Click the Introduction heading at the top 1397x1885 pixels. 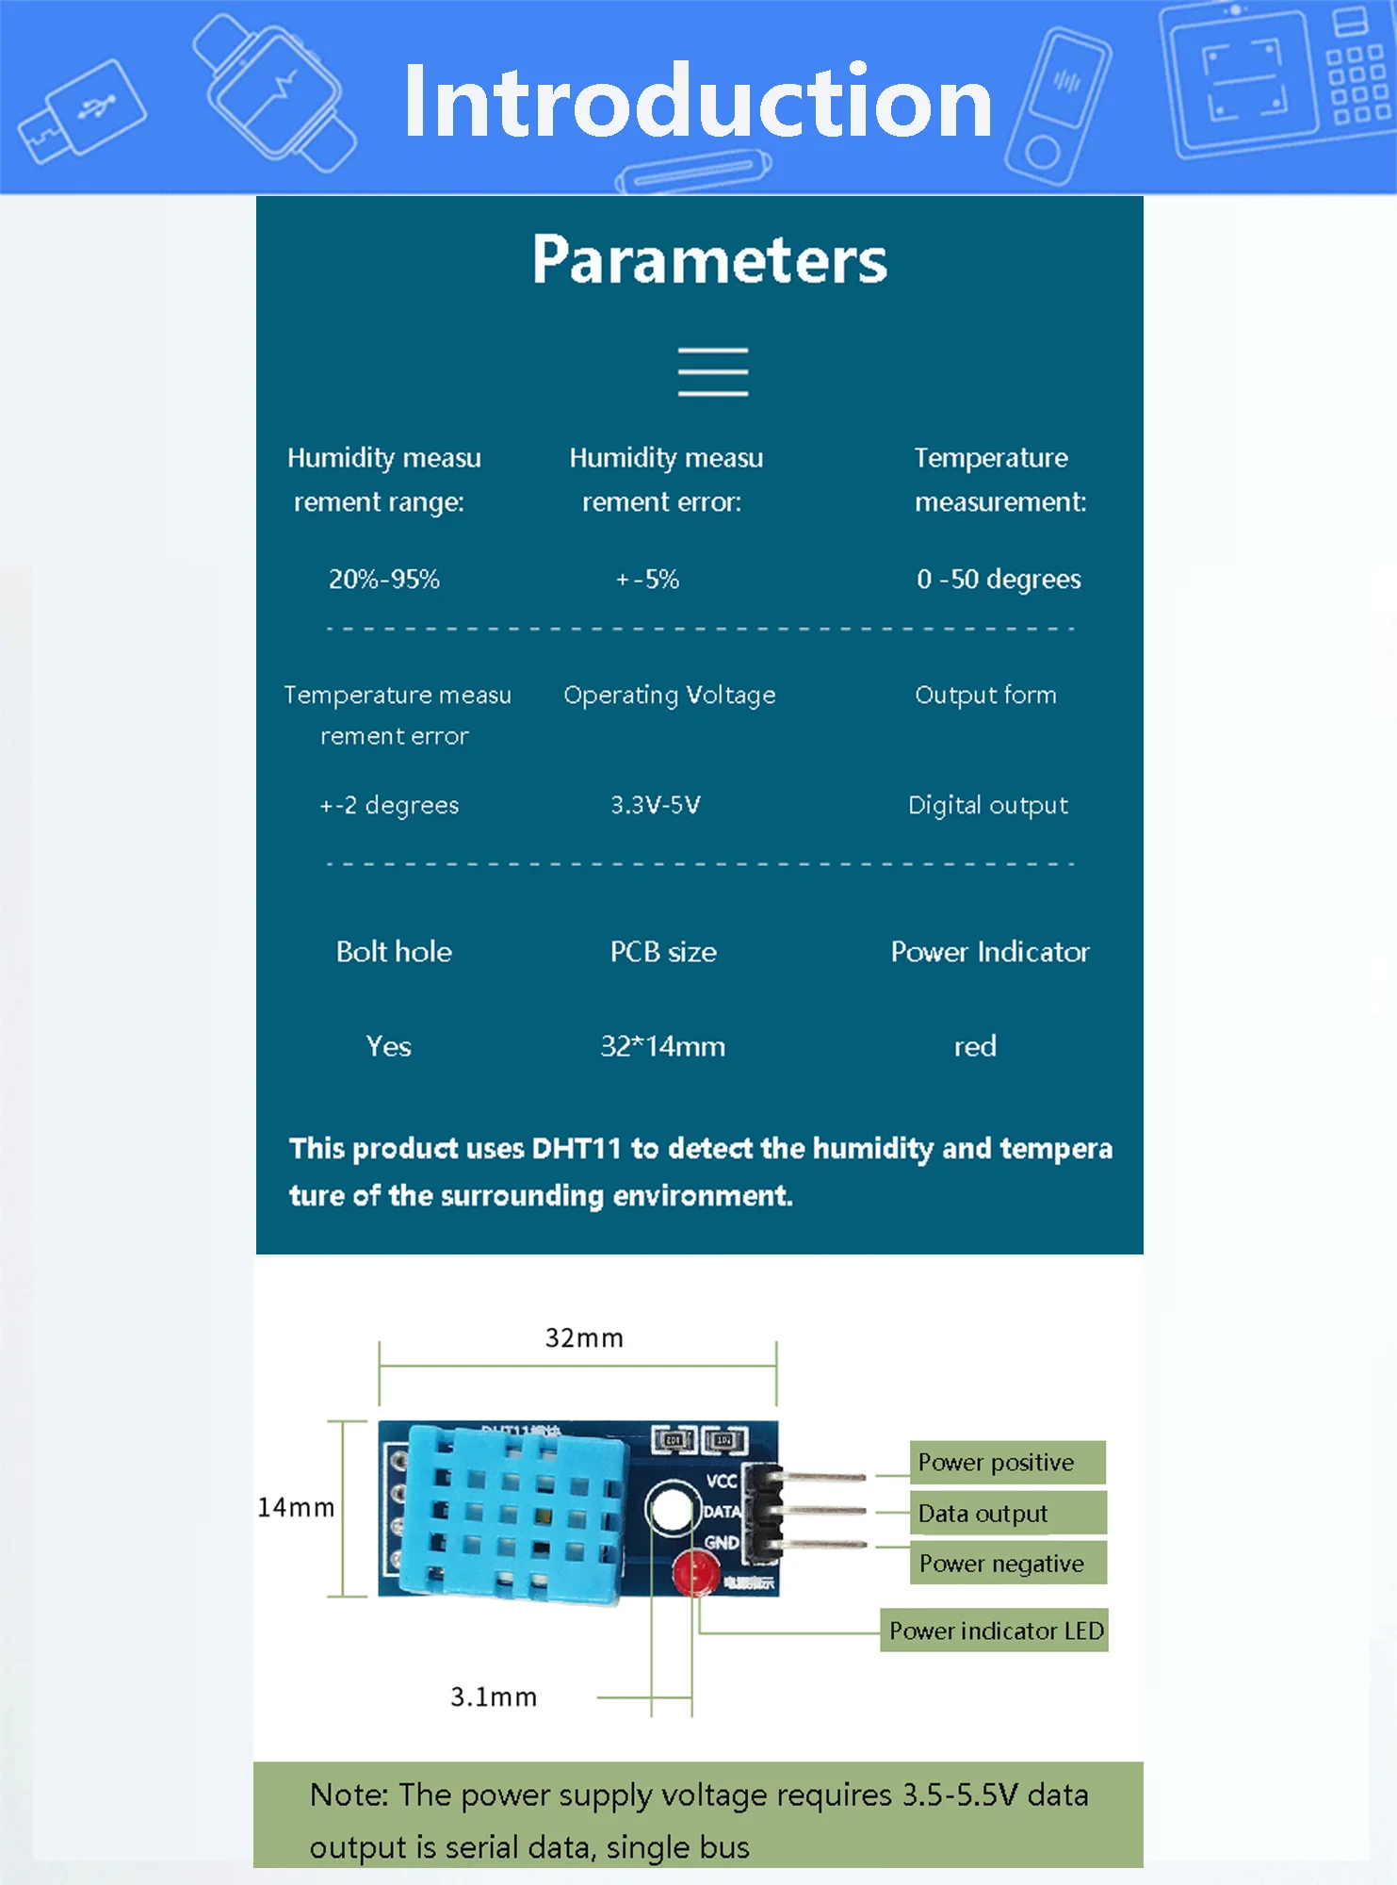click(697, 101)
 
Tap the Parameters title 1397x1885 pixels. click(709, 259)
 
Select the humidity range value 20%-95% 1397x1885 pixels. click(384, 579)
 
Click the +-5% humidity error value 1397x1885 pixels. click(647, 579)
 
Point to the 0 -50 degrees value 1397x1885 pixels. click(999, 579)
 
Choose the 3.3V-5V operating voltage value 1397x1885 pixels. click(656, 805)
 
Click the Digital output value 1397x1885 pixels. click(988, 805)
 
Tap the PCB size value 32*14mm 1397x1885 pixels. click(663, 1046)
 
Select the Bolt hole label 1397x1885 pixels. click(394, 952)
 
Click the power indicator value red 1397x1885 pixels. click(975, 1046)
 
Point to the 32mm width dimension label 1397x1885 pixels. click(584, 1338)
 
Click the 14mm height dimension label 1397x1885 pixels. click(296, 1508)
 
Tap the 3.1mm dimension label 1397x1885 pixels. click(494, 1697)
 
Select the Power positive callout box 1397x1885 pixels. click(1007, 1462)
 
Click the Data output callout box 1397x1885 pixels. click(1007, 1513)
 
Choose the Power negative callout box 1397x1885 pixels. click(1007, 1564)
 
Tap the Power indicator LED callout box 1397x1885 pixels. click(995, 1631)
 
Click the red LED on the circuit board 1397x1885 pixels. click(694, 1573)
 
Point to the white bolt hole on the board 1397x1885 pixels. click(672, 1509)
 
